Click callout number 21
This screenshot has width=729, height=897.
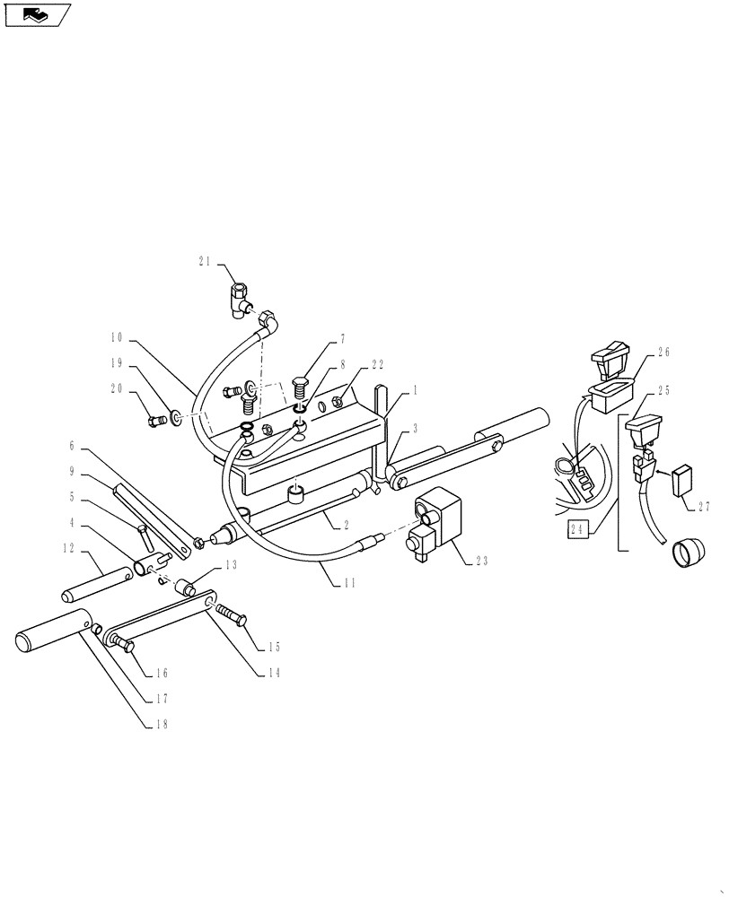coord(204,262)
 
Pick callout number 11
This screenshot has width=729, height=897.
coord(349,583)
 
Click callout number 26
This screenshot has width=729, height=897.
coord(663,353)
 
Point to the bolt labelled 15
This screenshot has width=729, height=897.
coord(232,616)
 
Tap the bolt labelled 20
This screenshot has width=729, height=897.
coord(157,418)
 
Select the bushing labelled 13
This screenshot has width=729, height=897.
coord(184,588)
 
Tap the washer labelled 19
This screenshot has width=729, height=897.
coord(179,416)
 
